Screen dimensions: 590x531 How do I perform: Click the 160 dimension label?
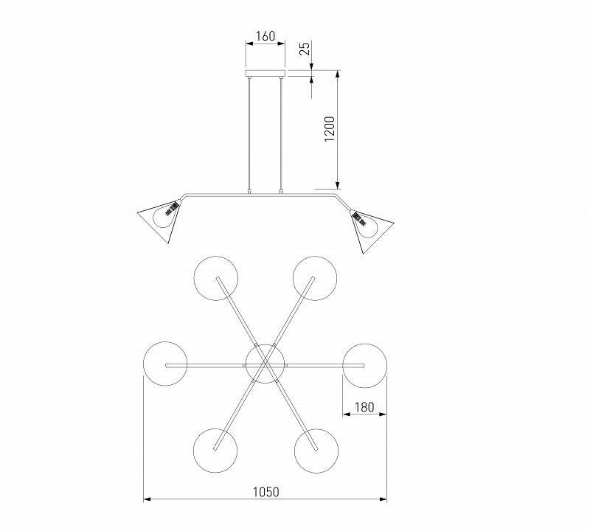tap(265, 36)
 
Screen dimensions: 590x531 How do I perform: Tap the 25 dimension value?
tap(305, 49)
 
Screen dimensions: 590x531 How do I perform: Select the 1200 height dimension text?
tap(329, 129)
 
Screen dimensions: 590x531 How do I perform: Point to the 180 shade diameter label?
tap(364, 407)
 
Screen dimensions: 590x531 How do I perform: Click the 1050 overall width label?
tap(265, 492)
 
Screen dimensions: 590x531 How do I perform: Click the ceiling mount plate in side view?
tap(265, 74)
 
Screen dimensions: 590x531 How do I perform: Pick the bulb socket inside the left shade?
tap(173, 207)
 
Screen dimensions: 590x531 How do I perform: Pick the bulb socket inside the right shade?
tap(358, 218)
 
